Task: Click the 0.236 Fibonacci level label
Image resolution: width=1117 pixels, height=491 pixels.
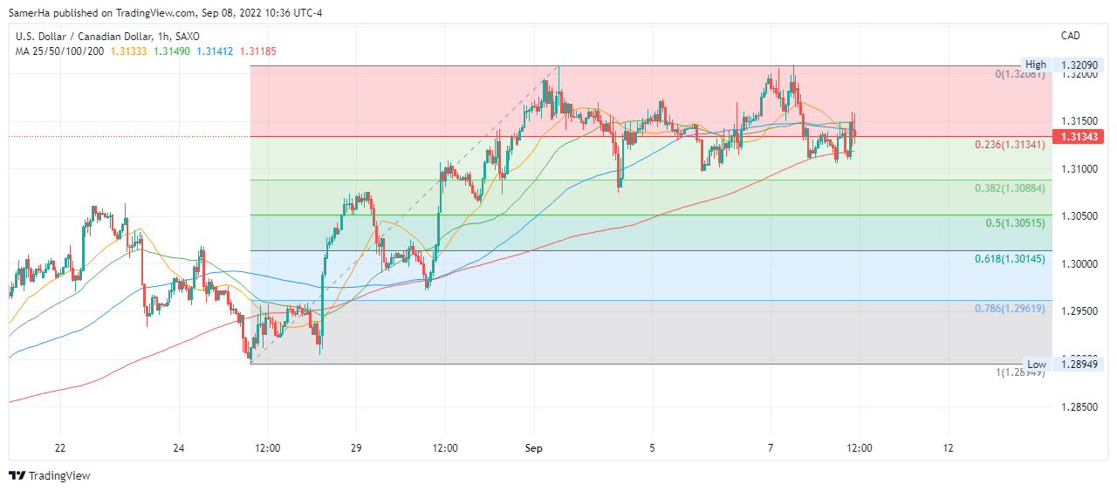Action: tap(1010, 145)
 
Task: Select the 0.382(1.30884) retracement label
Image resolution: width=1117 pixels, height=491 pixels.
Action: tap(1010, 188)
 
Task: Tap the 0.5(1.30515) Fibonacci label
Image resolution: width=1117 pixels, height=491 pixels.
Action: tap(1015, 223)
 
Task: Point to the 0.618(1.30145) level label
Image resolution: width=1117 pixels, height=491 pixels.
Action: tap(1010, 259)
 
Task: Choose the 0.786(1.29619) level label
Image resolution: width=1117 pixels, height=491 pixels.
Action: tap(1010, 309)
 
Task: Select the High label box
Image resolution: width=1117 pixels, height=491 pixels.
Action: tap(1035, 65)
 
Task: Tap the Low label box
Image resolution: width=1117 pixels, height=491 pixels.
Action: tap(1036, 364)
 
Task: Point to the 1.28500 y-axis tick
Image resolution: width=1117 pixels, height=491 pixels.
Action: tap(1079, 406)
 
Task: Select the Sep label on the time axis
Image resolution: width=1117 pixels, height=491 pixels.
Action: tap(533, 448)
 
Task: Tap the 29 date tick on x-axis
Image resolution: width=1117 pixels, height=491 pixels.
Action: tap(356, 448)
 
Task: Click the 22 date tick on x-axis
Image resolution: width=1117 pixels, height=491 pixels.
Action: tap(59, 448)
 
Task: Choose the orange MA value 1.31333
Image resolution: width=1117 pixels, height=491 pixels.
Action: tap(128, 51)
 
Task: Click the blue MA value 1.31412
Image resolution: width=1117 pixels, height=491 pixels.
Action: tap(215, 51)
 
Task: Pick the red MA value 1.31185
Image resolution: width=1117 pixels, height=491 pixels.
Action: tap(258, 51)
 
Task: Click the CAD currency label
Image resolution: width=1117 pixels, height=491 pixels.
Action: tap(1070, 36)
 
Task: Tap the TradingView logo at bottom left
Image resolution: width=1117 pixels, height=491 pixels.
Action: tap(50, 475)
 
